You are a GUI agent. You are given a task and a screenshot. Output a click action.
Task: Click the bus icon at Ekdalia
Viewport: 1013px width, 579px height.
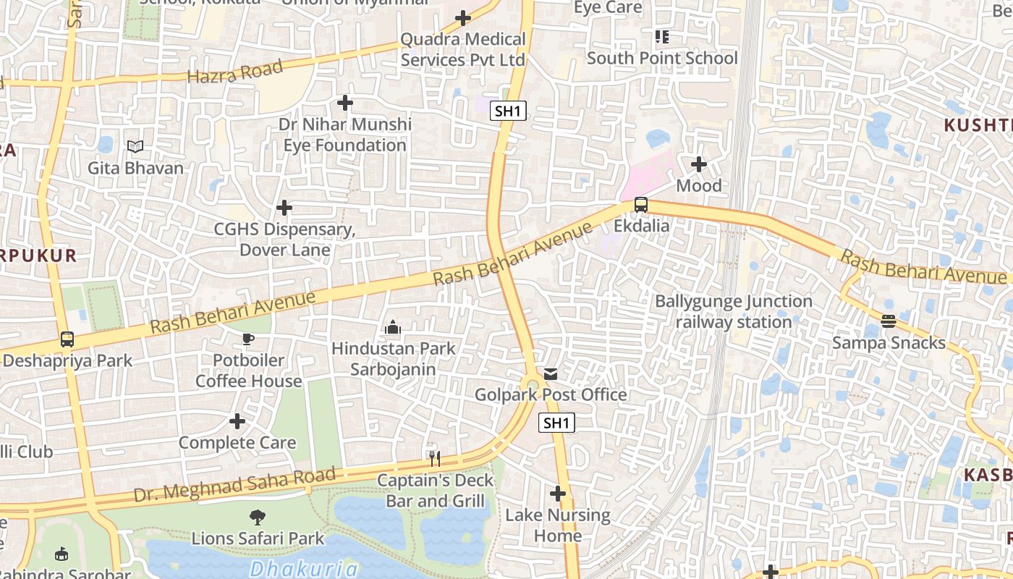[x=641, y=205]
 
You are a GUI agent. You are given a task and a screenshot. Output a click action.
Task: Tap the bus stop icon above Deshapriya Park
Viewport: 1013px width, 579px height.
[x=67, y=339]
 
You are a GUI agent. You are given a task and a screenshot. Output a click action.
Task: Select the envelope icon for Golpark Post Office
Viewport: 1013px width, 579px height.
[x=551, y=373]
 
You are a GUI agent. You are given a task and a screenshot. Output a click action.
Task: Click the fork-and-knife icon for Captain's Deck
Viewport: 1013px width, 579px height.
[x=434, y=458]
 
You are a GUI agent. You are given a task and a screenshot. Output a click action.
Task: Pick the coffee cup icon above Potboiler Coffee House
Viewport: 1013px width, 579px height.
[x=248, y=339]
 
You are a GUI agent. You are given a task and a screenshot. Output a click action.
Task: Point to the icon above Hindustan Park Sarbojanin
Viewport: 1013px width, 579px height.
[x=393, y=327]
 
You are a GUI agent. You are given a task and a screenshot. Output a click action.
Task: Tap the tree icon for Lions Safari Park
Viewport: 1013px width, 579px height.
[x=257, y=517]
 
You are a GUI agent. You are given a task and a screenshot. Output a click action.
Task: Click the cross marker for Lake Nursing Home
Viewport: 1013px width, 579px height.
[x=557, y=494]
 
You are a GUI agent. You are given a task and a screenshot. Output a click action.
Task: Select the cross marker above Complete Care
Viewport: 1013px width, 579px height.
[x=237, y=421]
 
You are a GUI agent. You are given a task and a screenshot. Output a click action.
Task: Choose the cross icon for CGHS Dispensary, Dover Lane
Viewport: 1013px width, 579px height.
[x=284, y=208]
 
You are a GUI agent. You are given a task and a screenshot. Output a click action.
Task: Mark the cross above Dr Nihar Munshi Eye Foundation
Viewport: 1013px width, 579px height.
[x=345, y=103]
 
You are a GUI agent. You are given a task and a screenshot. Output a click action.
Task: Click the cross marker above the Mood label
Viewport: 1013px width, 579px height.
[x=698, y=164]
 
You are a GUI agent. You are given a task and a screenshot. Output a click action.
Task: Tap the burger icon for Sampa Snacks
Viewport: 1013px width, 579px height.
[x=889, y=321]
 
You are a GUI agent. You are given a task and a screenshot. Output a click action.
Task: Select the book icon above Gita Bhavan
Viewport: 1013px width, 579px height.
[x=135, y=147]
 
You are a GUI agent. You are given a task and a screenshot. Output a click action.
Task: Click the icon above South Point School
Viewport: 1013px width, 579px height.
[x=661, y=36]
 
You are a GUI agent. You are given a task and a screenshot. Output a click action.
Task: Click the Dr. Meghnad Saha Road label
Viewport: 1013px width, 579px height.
[x=235, y=486]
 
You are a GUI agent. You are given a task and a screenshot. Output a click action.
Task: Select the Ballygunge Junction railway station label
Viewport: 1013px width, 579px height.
[x=734, y=311]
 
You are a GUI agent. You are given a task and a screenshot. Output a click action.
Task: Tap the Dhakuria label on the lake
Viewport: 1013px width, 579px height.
[x=304, y=569]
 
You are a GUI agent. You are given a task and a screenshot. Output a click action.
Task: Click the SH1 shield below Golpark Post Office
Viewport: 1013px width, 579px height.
[x=556, y=423]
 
